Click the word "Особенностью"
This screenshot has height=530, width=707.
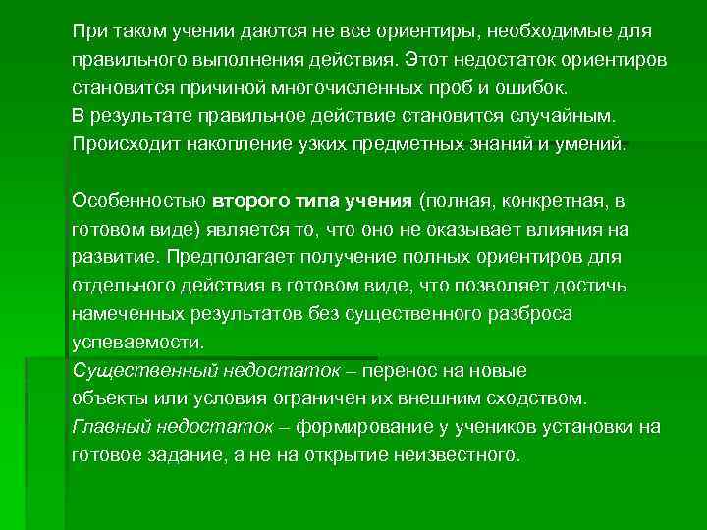pyautogui.click(x=138, y=201)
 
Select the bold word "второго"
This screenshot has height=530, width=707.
pyautogui.click(x=248, y=201)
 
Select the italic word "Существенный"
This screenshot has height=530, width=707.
pyautogui.click(x=136, y=370)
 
